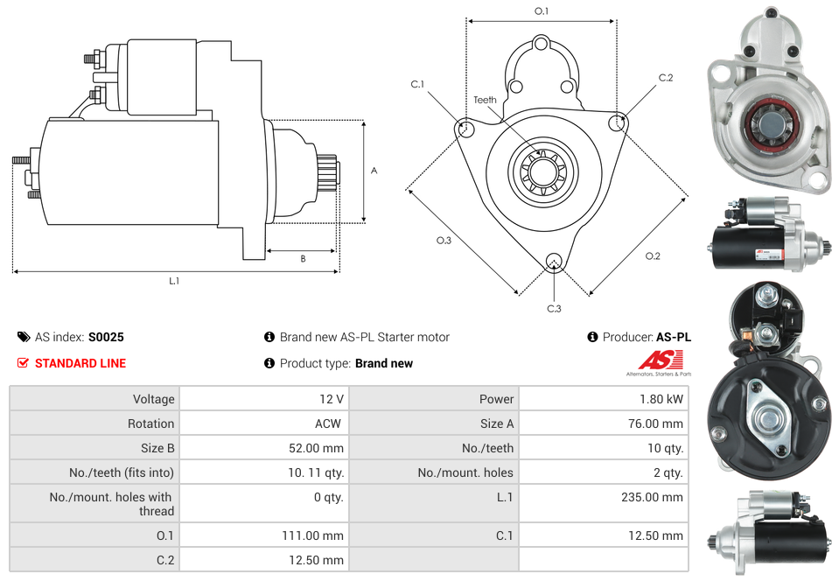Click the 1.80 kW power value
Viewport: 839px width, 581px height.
[x=663, y=399]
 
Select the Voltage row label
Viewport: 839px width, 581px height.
[x=153, y=399]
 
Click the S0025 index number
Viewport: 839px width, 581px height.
[x=106, y=337]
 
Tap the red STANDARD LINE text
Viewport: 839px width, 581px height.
[x=80, y=363]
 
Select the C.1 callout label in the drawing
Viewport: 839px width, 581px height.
[x=417, y=84]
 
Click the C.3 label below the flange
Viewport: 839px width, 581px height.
[x=554, y=308]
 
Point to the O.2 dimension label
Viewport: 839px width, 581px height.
[x=653, y=256]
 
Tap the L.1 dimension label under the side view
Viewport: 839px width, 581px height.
[x=174, y=281]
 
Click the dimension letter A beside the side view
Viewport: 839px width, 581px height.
[x=374, y=171]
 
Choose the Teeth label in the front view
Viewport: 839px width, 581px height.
[x=485, y=100]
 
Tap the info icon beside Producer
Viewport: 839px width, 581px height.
[x=592, y=337]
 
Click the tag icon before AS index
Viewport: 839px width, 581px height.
[x=23, y=337]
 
